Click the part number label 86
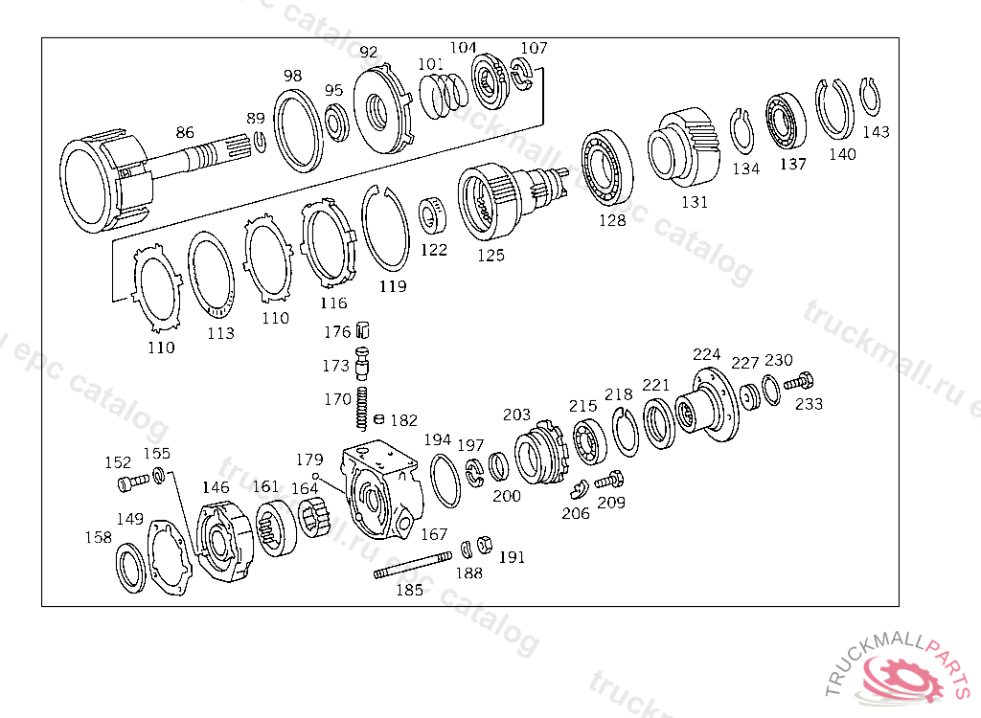point(185,132)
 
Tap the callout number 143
point(876,132)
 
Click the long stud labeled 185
point(413,565)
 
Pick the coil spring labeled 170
point(363,409)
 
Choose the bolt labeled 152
point(131,483)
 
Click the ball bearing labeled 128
point(607,168)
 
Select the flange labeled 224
point(708,403)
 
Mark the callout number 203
point(516,415)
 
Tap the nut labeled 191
point(485,546)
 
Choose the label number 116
point(333,303)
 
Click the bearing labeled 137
point(788,123)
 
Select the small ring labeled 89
point(259,143)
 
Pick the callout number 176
point(337,332)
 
